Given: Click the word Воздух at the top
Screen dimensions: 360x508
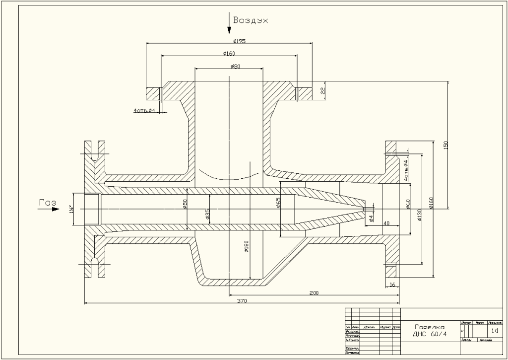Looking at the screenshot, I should point(251,21).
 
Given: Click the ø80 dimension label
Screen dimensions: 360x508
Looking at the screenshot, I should point(236,66).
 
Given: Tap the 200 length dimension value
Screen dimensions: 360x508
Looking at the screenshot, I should point(314,293).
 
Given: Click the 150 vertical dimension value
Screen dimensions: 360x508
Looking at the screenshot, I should point(445,145).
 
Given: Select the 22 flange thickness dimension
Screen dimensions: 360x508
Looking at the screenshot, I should point(322,90).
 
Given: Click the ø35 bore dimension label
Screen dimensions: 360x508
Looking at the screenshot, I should point(207,215).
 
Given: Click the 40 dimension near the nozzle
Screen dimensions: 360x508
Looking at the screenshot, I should point(387,223).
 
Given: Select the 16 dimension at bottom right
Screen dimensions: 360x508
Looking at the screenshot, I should point(392,285).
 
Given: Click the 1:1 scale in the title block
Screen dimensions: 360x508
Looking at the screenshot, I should point(494,330).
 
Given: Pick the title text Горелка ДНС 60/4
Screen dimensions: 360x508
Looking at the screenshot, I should point(430,330).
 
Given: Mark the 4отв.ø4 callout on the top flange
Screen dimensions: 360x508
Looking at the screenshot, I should point(145,110).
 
